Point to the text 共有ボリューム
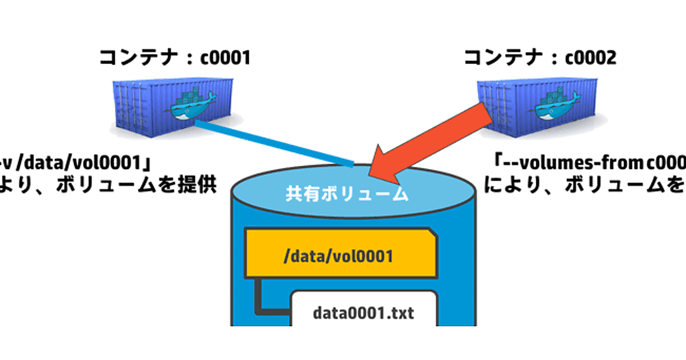(x=347, y=193)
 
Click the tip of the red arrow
(x=372, y=173)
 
